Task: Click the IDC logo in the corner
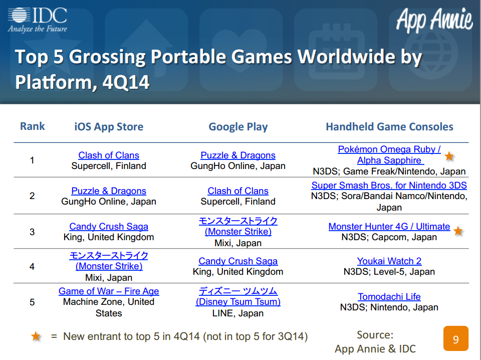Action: coord(38,20)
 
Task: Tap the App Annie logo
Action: coord(434,20)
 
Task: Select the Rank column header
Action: coord(32,126)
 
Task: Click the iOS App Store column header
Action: coord(109,126)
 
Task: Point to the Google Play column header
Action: coord(238,126)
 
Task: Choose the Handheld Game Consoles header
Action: coord(389,126)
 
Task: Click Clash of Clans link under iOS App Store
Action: coord(109,155)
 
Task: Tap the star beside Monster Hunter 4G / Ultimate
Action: coord(458,231)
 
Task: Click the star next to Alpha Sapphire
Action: coord(449,156)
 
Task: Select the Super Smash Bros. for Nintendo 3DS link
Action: coord(389,186)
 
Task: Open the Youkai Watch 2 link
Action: coord(389,261)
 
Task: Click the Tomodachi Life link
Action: coord(389,296)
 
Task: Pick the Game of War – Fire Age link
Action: coord(109,291)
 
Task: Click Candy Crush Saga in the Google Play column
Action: coord(238,261)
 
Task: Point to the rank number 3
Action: coord(32,232)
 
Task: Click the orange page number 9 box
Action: coord(456,338)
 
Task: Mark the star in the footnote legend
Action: coord(36,336)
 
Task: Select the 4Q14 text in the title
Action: coord(126,82)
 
